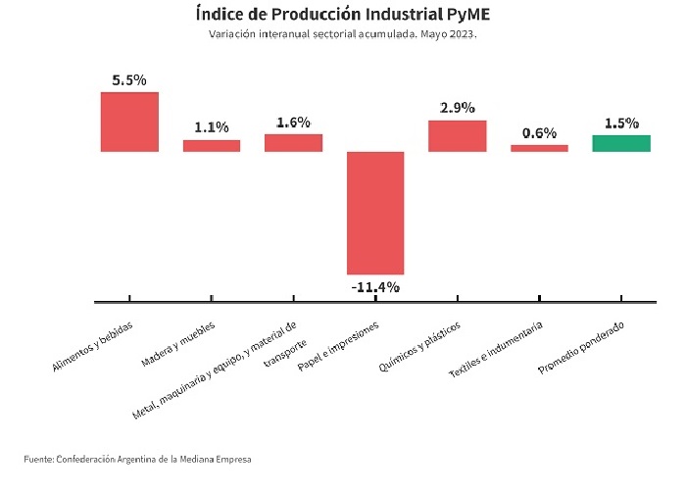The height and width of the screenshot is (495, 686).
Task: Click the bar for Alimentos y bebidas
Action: (129, 122)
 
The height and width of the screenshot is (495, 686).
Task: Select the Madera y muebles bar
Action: (212, 146)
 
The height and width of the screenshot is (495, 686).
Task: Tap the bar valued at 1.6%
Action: (294, 143)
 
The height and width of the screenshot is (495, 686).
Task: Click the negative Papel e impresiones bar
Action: (375, 213)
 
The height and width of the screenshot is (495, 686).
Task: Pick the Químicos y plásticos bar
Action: (458, 136)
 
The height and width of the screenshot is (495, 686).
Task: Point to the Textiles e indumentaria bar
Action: (539, 148)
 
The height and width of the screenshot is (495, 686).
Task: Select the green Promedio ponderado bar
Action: (621, 143)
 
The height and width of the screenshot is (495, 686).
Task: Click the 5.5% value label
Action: (129, 80)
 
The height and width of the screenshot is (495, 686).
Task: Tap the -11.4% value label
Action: (375, 287)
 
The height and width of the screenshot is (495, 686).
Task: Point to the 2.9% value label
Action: (458, 108)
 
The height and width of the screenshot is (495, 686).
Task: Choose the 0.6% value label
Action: (539, 132)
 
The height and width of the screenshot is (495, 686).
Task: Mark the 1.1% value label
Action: (212, 127)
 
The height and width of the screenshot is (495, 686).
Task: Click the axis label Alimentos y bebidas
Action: (92, 347)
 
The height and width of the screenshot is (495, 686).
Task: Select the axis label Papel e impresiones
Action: (338, 346)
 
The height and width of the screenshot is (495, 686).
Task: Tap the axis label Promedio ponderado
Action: (581, 348)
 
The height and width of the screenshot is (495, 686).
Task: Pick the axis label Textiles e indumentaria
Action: (496, 349)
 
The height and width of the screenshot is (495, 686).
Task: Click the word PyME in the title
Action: (468, 14)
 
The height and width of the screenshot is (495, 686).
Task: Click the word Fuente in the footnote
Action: (38, 459)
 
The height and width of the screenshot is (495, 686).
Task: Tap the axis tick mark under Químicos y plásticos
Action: (458, 298)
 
